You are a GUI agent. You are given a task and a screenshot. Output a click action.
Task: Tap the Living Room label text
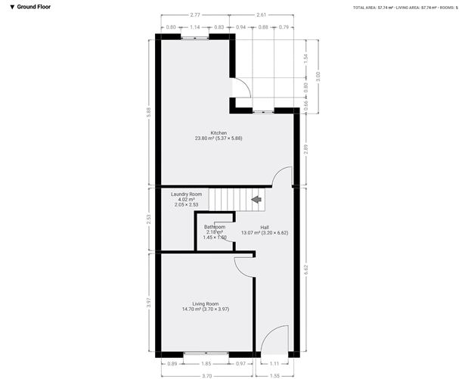point(206,306)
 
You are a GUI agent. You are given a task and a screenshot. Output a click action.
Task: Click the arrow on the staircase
point(256,200)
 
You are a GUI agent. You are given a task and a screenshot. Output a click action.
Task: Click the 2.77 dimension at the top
point(195,14)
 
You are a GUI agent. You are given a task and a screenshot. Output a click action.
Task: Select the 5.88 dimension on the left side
point(148,110)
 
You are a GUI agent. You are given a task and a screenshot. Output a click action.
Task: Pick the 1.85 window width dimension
point(207,365)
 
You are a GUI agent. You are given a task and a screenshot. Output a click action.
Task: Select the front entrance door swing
point(277,339)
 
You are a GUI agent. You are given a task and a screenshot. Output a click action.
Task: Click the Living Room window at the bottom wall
point(206,354)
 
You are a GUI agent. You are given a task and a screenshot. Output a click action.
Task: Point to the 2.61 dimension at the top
point(261,14)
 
